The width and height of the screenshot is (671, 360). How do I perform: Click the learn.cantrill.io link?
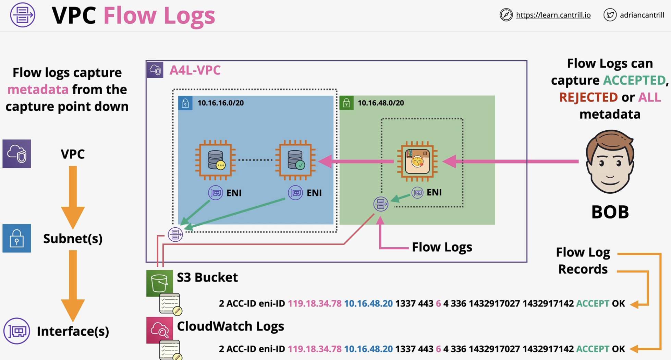pos(553,15)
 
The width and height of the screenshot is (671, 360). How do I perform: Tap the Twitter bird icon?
pos(610,15)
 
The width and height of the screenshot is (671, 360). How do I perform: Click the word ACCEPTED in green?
pos(634,80)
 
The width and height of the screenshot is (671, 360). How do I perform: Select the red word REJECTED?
pos(588,97)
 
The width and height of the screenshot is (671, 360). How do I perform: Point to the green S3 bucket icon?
pos(159,283)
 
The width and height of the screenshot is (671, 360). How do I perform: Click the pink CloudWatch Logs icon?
pos(159,330)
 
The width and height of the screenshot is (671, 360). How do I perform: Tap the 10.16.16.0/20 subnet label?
pos(220,103)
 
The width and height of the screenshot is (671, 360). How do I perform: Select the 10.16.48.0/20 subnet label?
pos(381,103)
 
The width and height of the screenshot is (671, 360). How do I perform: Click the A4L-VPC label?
pos(195,70)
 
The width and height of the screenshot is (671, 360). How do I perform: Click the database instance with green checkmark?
pos(295,160)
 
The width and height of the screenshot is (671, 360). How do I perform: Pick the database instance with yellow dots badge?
pos(215,160)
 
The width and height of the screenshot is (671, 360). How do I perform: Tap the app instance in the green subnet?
pos(417,161)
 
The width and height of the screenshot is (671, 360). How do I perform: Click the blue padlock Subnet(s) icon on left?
pos(17,238)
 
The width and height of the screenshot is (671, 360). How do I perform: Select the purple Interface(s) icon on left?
pos(17,331)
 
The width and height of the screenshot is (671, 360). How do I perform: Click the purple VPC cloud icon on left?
pos(17,154)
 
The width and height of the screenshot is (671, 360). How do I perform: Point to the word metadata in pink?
pos(38,89)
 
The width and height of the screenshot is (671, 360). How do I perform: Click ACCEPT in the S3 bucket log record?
pos(593,304)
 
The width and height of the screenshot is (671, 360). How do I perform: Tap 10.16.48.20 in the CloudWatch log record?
pos(368,349)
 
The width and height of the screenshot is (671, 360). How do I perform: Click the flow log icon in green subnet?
pos(381,204)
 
